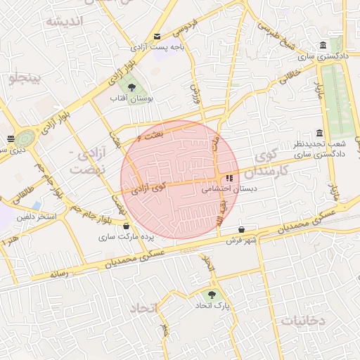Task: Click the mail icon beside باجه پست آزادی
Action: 157,37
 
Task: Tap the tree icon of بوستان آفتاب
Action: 131,88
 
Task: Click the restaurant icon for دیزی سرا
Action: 10,139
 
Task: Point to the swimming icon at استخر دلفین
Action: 37,205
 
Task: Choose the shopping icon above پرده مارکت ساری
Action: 126,226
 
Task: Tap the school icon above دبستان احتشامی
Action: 230,177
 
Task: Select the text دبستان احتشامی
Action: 230,188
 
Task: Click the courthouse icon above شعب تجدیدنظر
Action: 320,134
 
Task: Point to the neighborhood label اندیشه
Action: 65,20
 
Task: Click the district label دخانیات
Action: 303,320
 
